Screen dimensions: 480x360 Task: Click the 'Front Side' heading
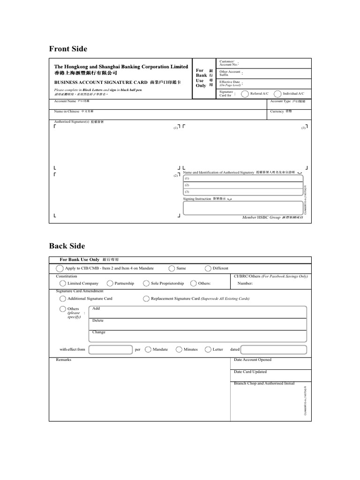click(68, 49)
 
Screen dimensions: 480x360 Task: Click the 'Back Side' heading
click(67, 246)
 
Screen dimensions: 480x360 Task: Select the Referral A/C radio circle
click(245, 94)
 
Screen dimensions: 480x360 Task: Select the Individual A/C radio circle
click(277, 94)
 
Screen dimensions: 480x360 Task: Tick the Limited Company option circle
click(62, 284)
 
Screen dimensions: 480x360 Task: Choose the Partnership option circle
click(110, 284)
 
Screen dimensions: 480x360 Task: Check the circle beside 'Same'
click(172, 268)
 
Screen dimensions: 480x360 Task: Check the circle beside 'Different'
click(208, 268)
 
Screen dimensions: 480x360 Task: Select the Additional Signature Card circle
click(62, 299)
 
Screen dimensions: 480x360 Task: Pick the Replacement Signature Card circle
click(146, 299)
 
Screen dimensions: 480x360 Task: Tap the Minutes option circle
click(179, 349)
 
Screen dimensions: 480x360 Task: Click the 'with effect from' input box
click(110, 349)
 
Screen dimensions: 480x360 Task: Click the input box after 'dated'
click(274, 349)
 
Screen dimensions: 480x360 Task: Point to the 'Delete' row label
click(98, 321)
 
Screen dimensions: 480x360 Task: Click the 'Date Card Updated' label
click(250, 372)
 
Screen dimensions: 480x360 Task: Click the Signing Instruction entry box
click(243, 208)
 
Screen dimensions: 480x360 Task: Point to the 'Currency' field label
click(277, 112)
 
